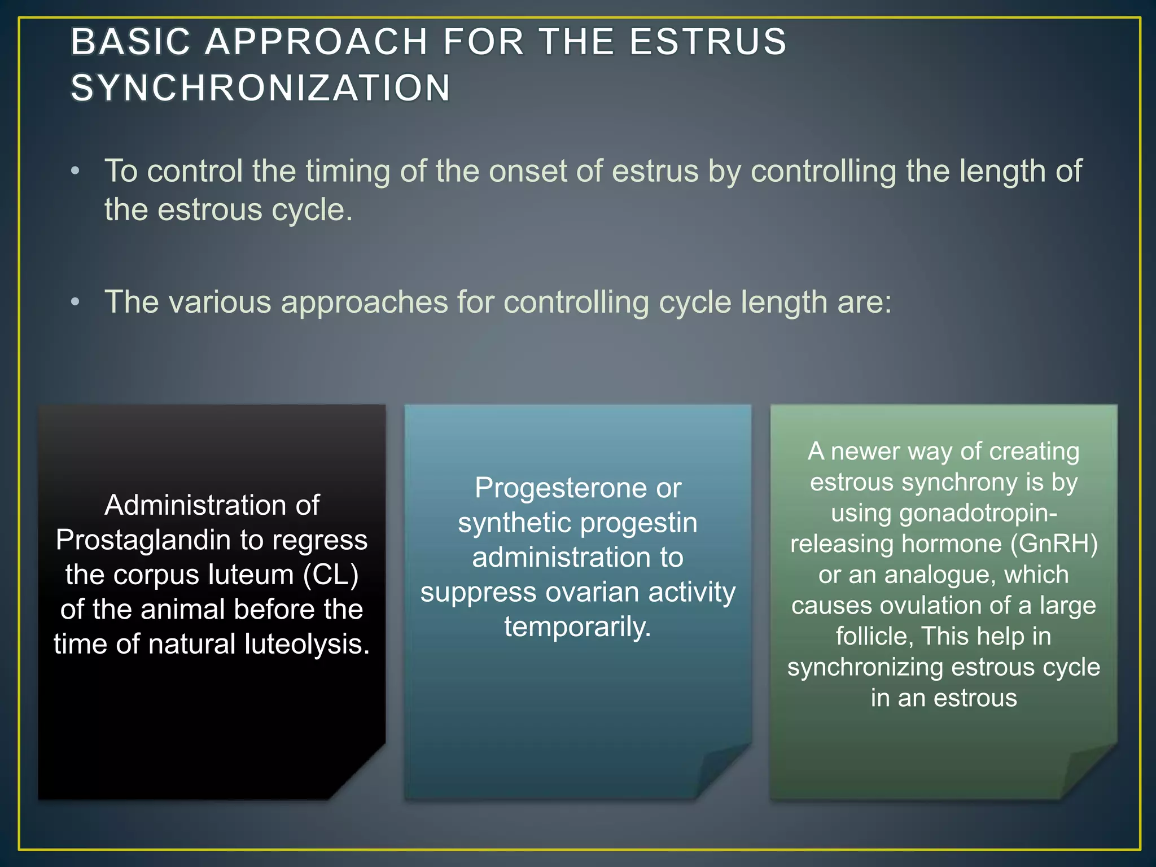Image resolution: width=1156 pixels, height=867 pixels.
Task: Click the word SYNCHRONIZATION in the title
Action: tap(261, 89)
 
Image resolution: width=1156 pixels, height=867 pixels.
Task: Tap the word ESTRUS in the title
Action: tap(708, 42)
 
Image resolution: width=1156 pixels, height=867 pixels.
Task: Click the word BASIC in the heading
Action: tap(131, 42)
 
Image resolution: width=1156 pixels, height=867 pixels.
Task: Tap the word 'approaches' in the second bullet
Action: tap(364, 303)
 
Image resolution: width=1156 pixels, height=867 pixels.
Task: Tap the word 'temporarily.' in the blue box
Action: tap(578, 627)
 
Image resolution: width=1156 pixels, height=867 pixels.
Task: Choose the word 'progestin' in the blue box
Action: tap(639, 523)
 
